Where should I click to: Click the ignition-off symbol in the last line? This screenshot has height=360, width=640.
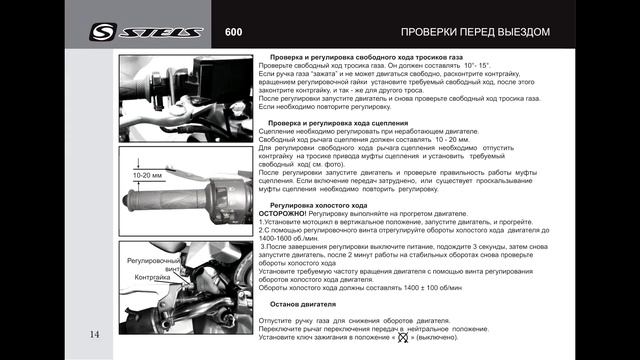click(430, 338)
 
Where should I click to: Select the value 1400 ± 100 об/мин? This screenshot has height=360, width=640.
click(421, 286)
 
